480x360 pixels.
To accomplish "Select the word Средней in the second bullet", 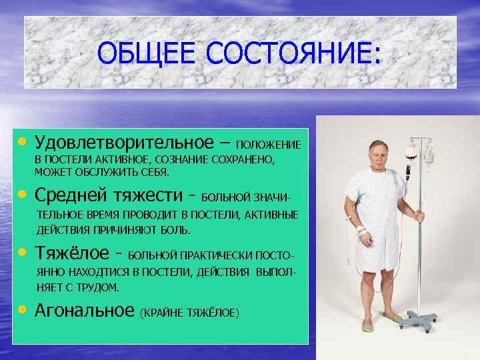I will [69, 196].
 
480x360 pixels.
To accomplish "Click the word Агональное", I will [84, 310].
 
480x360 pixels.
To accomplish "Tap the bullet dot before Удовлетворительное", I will [23, 142].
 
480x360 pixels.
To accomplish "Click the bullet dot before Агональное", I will [23, 310].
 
